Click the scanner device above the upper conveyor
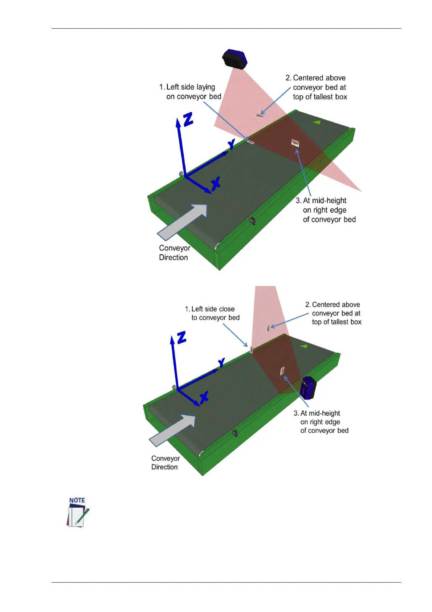(235, 59)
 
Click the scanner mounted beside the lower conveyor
(308, 388)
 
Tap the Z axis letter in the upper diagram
(188, 119)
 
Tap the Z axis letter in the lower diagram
(181, 337)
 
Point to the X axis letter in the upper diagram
(216, 183)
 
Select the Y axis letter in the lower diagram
(221, 362)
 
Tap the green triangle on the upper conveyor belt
(317, 122)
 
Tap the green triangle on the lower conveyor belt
(304, 346)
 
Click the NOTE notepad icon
(78, 512)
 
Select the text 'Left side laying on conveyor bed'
(190, 92)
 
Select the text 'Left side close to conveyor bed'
(213, 313)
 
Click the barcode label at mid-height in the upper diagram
(295, 143)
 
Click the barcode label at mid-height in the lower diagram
(282, 371)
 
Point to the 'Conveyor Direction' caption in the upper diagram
(174, 253)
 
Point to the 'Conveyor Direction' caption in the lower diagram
(166, 463)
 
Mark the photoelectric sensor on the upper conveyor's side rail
(252, 220)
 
